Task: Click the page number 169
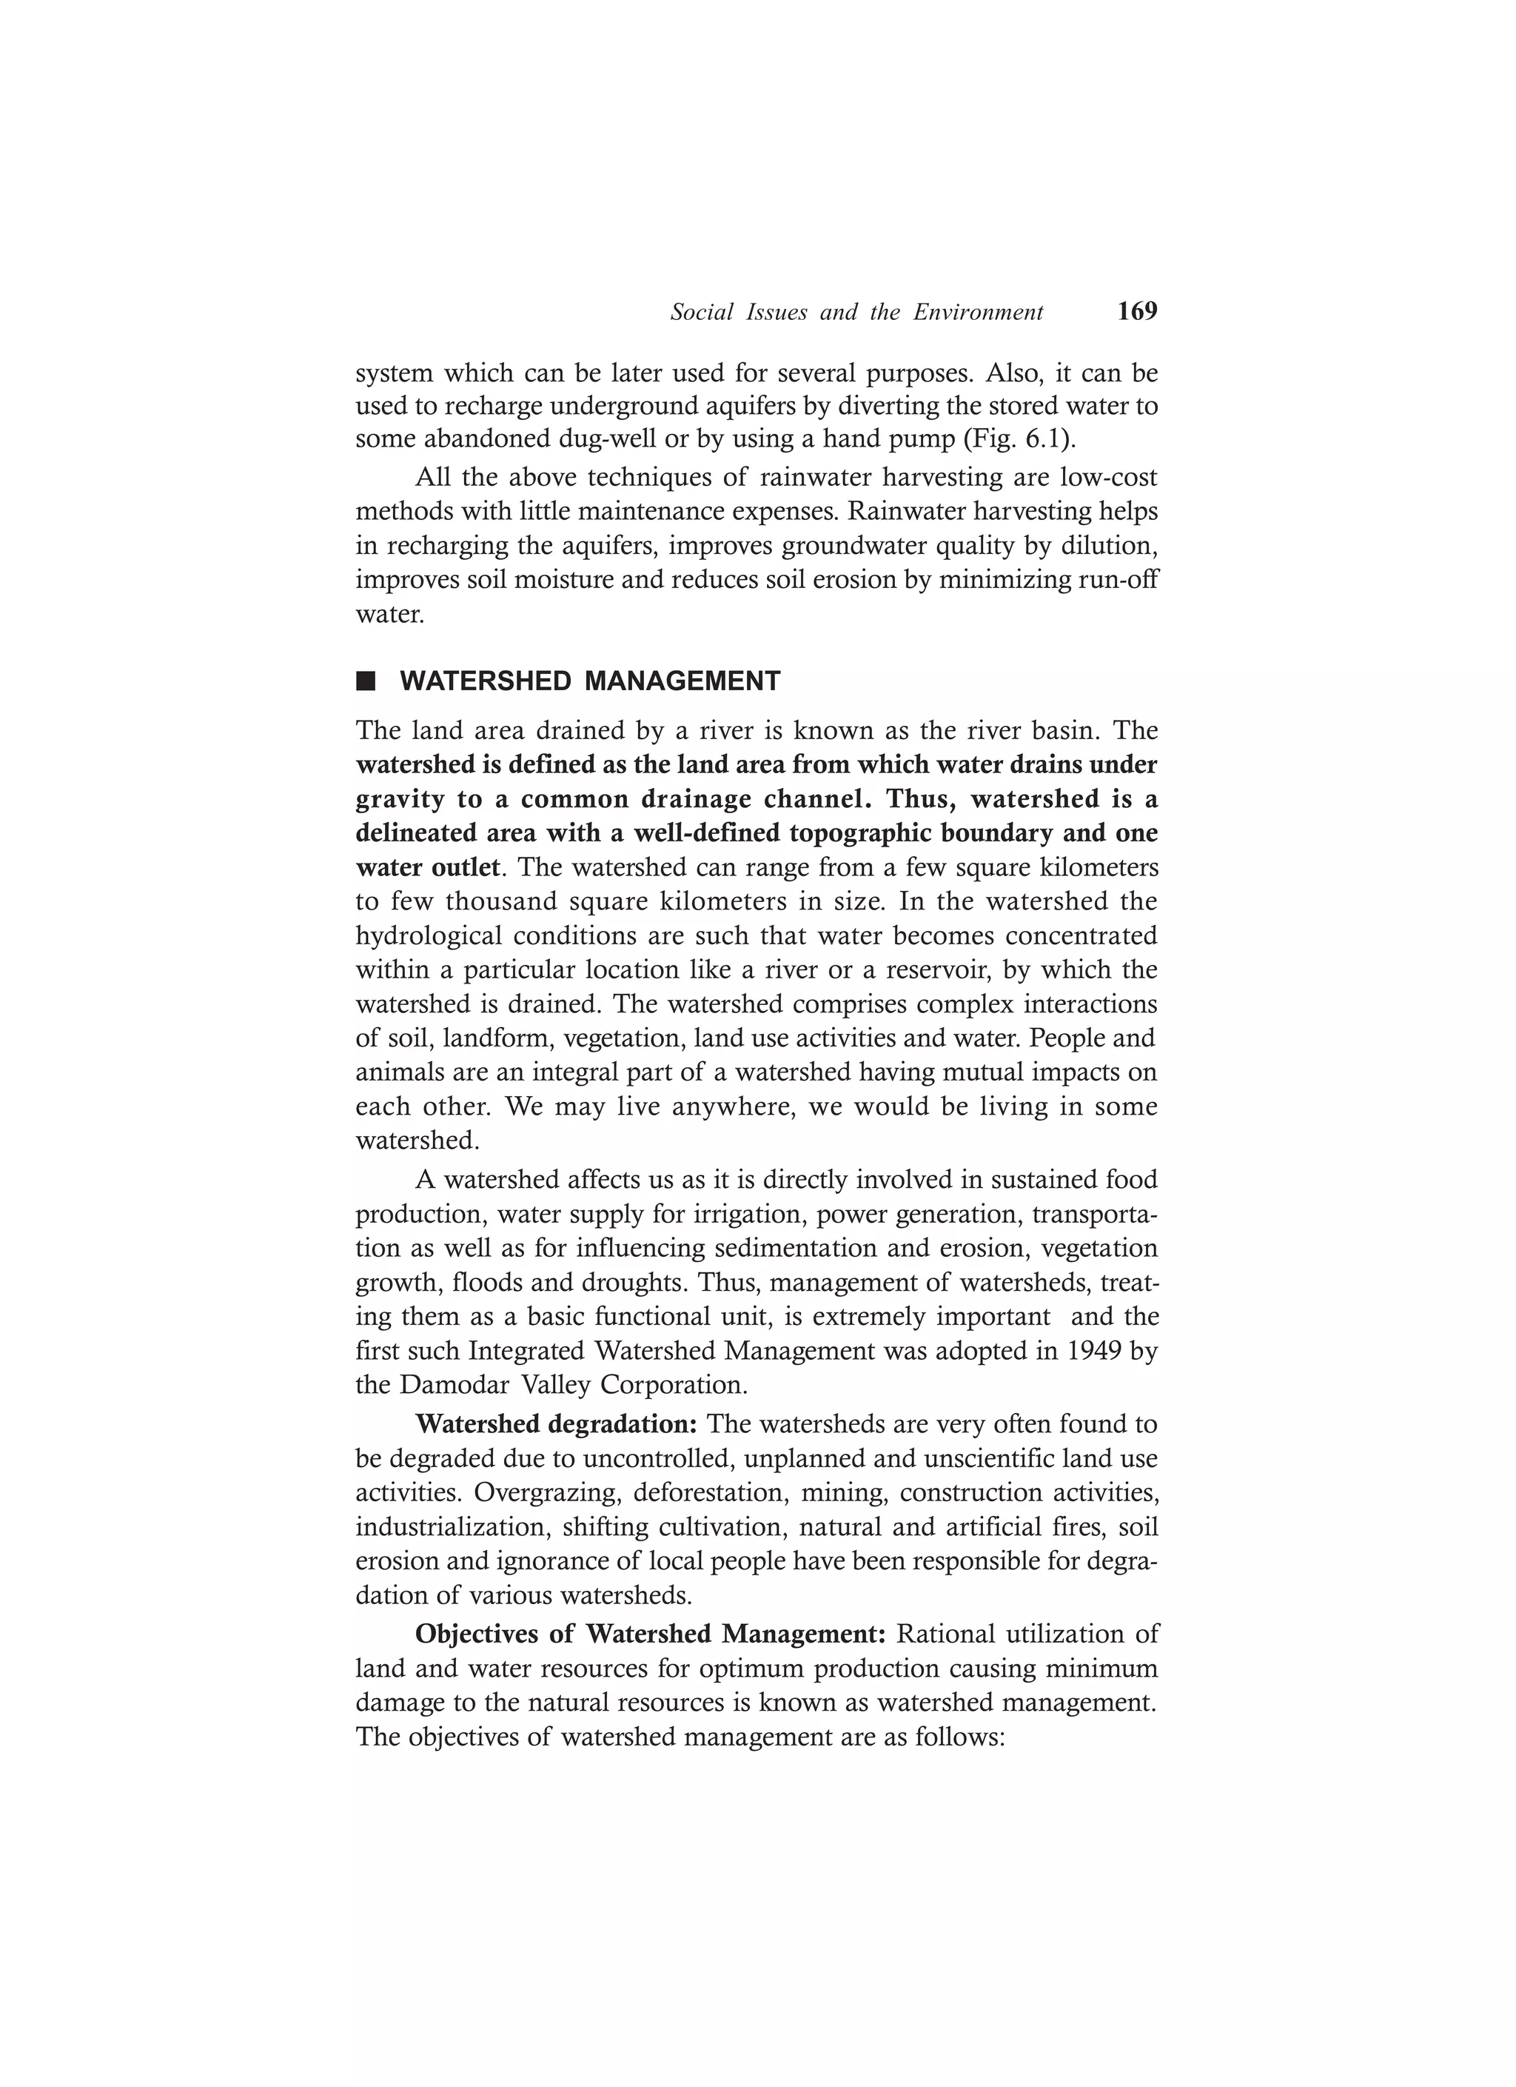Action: click(x=1137, y=312)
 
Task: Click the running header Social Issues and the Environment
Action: click(x=856, y=313)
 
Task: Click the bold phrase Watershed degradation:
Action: click(x=557, y=1424)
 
